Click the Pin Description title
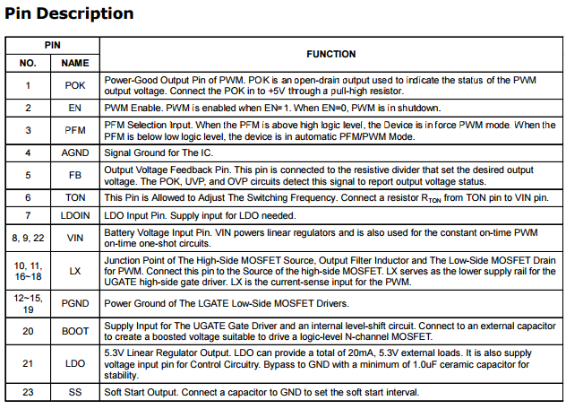point(70,13)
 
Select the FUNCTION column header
point(330,54)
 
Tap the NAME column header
point(75,64)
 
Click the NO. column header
point(28,64)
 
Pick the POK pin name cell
point(75,85)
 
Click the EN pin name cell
point(75,108)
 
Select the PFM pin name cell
point(75,130)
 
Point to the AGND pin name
point(75,152)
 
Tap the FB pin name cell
point(75,175)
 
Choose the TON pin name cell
point(75,197)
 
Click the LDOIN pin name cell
point(75,215)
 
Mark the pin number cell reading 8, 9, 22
point(28,237)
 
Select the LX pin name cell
point(75,270)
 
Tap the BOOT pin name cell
point(75,331)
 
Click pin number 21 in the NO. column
point(28,364)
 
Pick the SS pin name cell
point(75,392)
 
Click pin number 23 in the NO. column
point(28,392)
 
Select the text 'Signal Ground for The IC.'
point(158,152)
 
